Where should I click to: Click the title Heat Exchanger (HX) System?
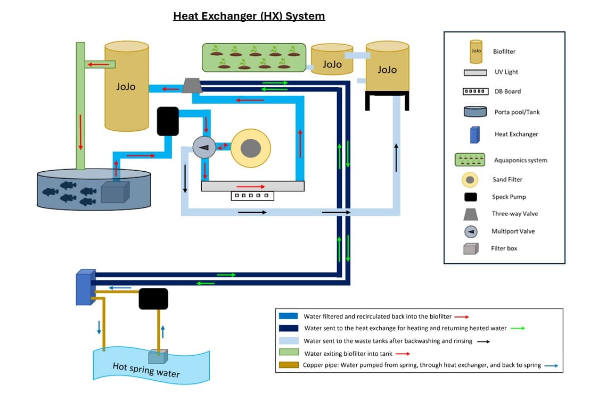[x=249, y=16]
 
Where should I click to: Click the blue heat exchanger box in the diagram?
[x=85, y=287]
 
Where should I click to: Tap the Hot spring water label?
[x=146, y=369]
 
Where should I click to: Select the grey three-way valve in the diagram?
[x=192, y=85]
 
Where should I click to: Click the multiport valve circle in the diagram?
[x=204, y=147]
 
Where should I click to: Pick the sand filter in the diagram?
[x=250, y=147]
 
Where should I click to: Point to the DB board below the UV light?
[x=252, y=196]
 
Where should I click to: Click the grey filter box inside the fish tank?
[x=114, y=192]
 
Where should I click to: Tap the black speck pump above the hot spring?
[x=153, y=299]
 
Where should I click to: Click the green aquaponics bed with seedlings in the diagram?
[x=253, y=57]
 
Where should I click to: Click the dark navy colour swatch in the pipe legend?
[x=288, y=328]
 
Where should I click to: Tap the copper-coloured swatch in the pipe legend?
[x=288, y=365]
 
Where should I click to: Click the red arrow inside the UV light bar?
[x=250, y=187]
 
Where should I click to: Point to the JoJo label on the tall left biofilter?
[x=126, y=86]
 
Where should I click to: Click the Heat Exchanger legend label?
[x=516, y=134]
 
